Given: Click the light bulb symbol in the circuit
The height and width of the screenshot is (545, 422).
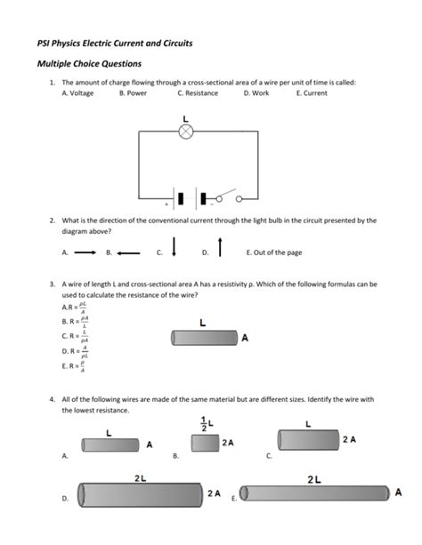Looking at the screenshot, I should (186, 132).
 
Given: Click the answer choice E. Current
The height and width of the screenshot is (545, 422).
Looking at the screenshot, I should (312, 92).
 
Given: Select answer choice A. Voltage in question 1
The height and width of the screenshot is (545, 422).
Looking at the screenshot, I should (77, 92).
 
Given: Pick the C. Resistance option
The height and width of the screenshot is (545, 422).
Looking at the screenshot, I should (197, 92).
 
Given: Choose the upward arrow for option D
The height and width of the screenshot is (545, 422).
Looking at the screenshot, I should (219, 248).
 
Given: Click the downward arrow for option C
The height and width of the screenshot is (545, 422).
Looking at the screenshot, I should (174, 247).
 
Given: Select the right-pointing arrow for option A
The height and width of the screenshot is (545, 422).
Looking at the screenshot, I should (85, 252).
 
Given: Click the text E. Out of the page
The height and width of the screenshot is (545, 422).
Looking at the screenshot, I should (273, 252).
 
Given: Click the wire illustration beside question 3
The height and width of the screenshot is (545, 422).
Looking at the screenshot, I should (204, 338).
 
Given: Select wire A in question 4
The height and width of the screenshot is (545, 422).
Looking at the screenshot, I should (110, 444).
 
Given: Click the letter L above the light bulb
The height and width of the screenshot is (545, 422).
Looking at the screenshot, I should (185, 117).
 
